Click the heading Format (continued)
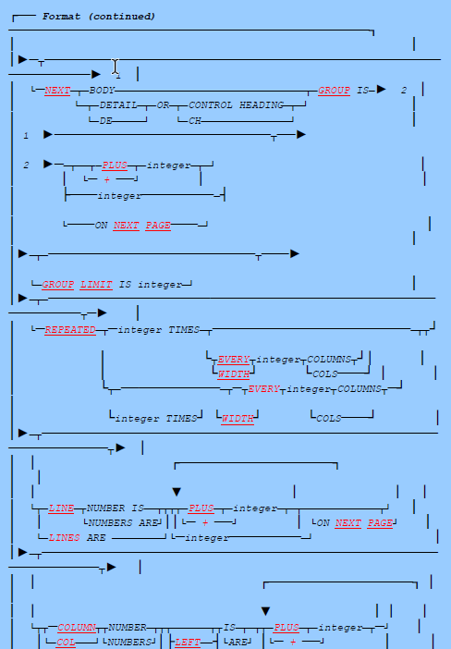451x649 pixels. click(99, 16)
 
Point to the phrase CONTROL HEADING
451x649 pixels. click(237, 105)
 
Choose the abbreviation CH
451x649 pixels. click(195, 120)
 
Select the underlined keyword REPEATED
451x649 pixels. click(70, 330)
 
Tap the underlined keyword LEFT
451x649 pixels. click(188, 641)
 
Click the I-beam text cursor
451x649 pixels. click(116, 67)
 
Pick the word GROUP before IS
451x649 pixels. click(335, 90)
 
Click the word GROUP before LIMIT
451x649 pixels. click(58, 285)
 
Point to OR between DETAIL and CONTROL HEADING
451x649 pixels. click(164, 105)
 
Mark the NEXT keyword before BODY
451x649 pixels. click(58, 90)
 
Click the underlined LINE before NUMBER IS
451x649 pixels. click(62, 508)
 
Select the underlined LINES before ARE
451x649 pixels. click(64, 537)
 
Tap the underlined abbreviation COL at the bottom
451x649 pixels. click(65, 641)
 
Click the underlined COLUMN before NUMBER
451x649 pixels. click(77, 627)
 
